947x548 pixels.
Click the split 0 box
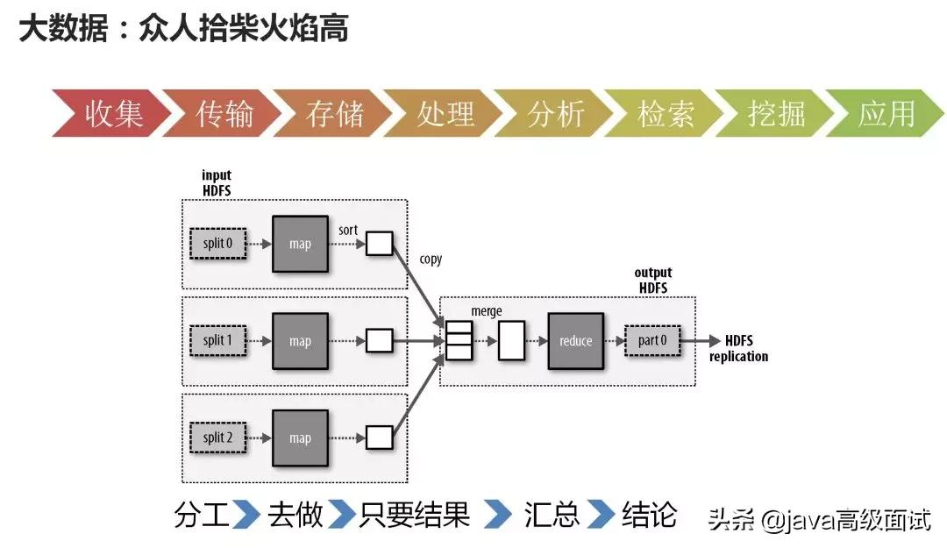click(x=218, y=244)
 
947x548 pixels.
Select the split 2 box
click(x=218, y=438)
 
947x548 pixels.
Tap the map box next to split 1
click(x=300, y=341)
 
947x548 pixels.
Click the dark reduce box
click(x=575, y=340)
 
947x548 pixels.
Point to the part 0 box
click(x=652, y=340)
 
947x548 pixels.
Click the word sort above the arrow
click(x=347, y=230)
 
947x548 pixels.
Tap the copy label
click(x=431, y=260)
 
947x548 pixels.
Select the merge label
click(x=487, y=311)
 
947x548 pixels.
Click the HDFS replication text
click(x=738, y=348)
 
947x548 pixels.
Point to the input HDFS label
click(x=217, y=183)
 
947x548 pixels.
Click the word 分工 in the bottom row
click(x=202, y=515)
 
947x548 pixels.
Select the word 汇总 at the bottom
click(x=552, y=515)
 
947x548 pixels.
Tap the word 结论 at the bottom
click(x=649, y=515)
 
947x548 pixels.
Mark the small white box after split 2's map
click(x=379, y=438)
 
